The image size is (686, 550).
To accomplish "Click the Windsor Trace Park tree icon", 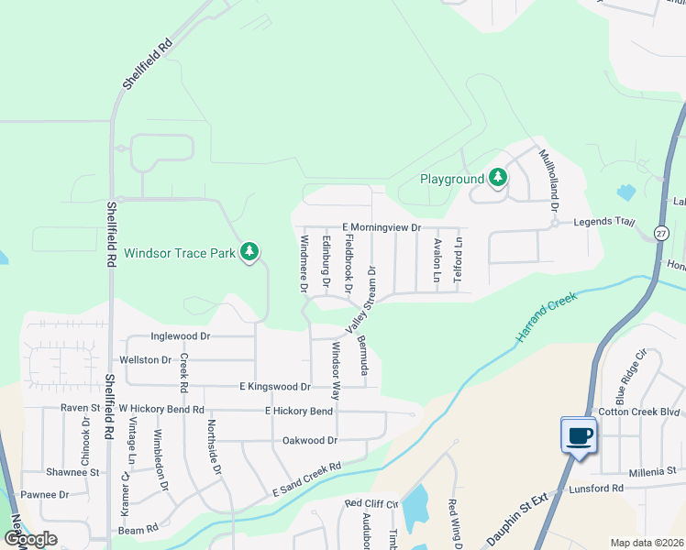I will [x=249, y=252].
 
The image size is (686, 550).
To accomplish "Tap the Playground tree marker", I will [x=497, y=177].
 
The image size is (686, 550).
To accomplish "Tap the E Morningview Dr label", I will [x=381, y=227].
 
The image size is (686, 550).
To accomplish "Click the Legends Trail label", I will [x=604, y=222].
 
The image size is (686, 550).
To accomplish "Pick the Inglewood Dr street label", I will [x=181, y=336].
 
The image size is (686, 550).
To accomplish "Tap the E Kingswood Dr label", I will [x=274, y=387].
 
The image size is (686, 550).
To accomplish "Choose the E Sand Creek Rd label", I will [x=306, y=479].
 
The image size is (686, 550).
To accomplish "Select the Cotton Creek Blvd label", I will [x=640, y=412].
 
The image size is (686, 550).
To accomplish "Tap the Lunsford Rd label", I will [x=595, y=489].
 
